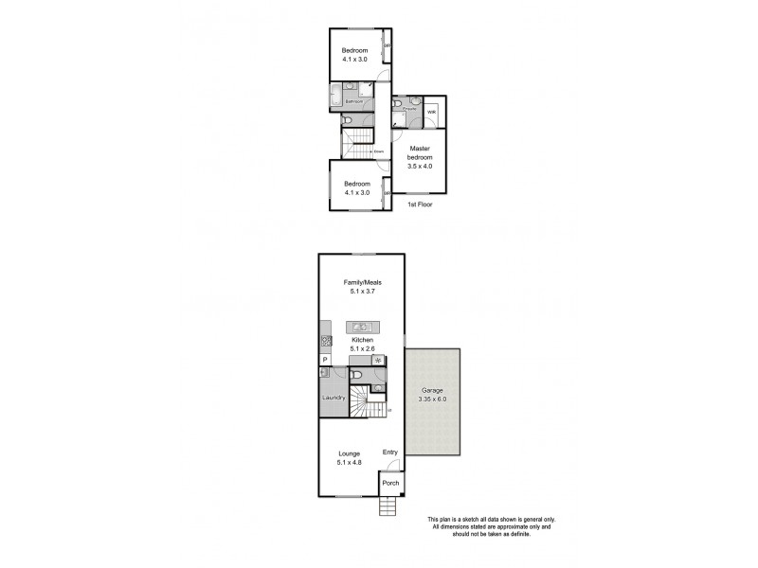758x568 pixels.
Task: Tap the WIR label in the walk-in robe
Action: coord(431,112)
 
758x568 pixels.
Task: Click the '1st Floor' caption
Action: coord(420,204)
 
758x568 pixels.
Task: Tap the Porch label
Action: coord(390,484)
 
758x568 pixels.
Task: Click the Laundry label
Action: coord(333,398)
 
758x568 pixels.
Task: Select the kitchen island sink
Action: coord(361,328)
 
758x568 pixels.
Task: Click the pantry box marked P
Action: coord(324,360)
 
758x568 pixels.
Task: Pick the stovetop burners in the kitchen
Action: coord(326,341)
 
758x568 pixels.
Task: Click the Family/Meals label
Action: coord(361,282)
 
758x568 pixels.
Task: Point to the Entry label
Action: coord(389,453)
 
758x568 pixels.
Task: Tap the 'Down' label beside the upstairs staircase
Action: coord(377,151)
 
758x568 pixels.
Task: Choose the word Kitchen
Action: coord(361,340)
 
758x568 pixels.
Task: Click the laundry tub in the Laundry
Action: coord(324,373)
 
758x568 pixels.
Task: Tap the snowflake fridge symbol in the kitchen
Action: coord(378,360)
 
